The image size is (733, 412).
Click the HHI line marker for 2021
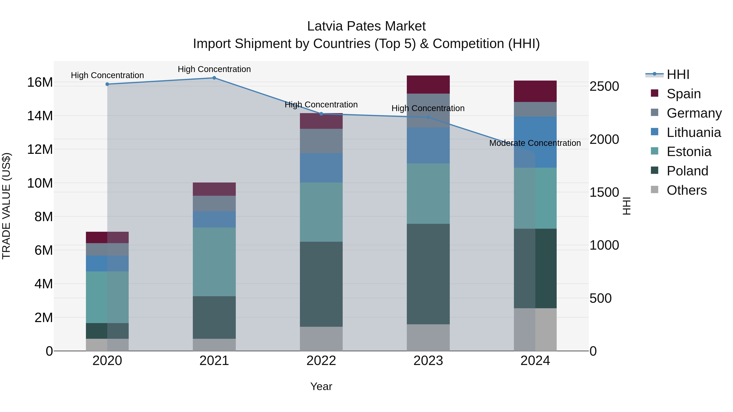(214, 78)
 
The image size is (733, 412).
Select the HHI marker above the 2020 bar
(107, 84)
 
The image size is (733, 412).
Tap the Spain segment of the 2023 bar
(428, 84)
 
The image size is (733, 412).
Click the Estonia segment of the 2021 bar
(214, 262)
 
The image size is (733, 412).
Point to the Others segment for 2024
(535, 330)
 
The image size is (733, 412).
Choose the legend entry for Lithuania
(693, 132)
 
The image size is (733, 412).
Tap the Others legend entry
(686, 190)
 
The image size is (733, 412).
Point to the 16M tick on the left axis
(40, 82)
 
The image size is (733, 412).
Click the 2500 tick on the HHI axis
(604, 86)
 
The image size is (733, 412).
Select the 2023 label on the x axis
(428, 361)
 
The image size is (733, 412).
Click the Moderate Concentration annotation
(535, 143)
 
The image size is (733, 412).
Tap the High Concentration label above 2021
(214, 69)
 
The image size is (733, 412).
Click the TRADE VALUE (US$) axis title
(6, 206)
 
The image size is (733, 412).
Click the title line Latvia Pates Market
(366, 26)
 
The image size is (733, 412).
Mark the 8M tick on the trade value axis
(44, 217)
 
